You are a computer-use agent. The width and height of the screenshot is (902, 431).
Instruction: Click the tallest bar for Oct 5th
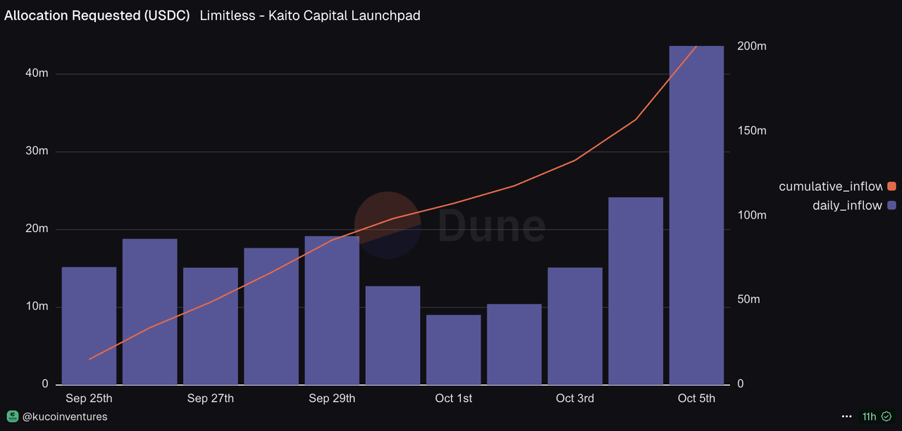point(696,215)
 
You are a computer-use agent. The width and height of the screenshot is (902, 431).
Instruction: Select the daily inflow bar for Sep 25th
point(89,325)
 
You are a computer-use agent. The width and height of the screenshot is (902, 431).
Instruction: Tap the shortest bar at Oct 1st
point(453,349)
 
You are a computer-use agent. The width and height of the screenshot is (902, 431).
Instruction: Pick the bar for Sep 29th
point(332,310)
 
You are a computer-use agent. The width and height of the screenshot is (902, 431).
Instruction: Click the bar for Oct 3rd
point(575,326)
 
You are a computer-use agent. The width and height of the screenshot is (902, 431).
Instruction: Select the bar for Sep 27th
point(211,326)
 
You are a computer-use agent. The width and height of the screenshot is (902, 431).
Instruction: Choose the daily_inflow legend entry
point(847,205)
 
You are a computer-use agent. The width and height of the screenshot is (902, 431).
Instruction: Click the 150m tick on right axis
point(751,131)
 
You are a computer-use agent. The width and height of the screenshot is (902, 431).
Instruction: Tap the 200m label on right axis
point(751,47)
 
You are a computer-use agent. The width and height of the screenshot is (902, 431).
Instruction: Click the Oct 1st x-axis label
point(454,399)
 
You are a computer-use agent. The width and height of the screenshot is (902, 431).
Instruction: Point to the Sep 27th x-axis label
point(211,399)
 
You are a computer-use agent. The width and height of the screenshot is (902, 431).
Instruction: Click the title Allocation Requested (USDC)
point(97,16)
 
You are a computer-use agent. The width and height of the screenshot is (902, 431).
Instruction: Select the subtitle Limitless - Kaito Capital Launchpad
point(310,16)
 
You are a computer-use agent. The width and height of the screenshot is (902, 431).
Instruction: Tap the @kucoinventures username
point(65,417)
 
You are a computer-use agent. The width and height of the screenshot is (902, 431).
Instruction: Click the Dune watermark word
point(492,226)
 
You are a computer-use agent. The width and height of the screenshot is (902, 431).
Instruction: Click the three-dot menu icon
point(846,417)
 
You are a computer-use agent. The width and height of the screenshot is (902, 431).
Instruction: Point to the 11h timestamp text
point(869,417)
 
